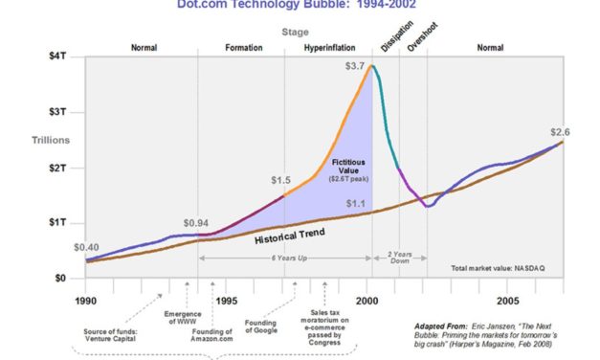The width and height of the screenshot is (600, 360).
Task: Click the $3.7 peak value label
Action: click(354, 66)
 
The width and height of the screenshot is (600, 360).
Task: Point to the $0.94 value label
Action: click(196, 223)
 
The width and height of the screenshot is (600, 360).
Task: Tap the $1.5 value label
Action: click(280, 180)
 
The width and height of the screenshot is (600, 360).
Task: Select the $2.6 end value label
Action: click(562, 131)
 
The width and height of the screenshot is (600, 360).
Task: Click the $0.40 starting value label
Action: click(86, 247)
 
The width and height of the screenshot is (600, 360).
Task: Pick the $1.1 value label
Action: click(356, 203)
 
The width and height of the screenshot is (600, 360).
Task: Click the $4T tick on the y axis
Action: click(59, 56)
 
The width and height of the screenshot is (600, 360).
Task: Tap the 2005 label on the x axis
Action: click(509, 299)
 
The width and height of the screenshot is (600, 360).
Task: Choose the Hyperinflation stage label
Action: click(330, 47)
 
